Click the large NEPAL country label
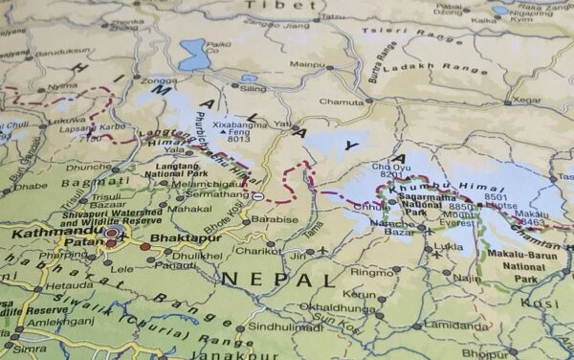click(x=278, y=280)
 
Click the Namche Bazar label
click(x=392, y=227)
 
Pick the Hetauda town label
click(x=69, y=285)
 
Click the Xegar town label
click(x=527, y=100)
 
